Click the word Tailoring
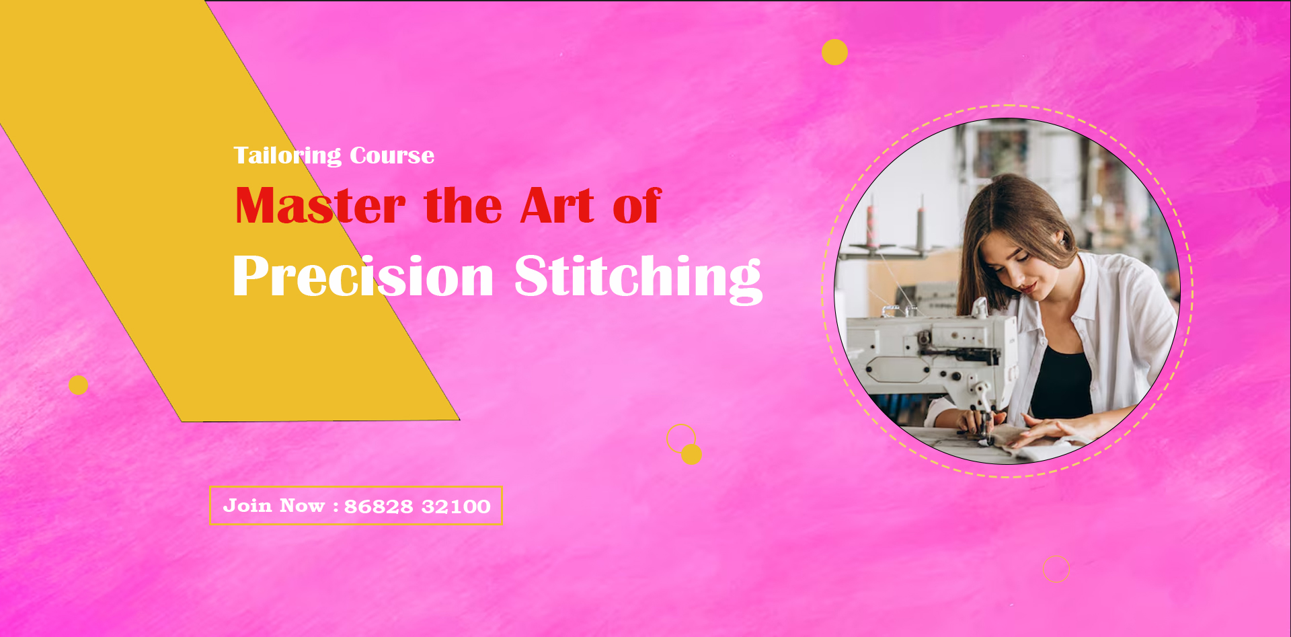click(x=287, y=156)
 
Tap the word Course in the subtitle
click(x=392, y=155)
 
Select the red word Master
click(x=320, y=206)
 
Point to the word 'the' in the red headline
click(x=463, y=206)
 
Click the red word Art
click(x=557, y=206)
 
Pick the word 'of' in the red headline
click(x=637, y=206)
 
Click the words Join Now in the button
click(x=274, y=506)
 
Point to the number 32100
click(x=456, y=507)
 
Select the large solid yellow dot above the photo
click(x=834, y=52)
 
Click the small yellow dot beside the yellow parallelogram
click(x=78, y=385)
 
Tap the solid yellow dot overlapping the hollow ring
click(x=692, y=455)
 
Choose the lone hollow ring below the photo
click(x=1056, y=569)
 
